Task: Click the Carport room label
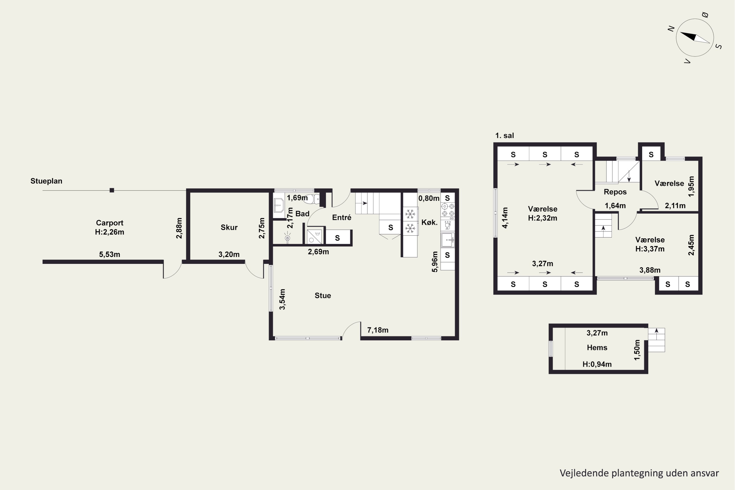point(110,223)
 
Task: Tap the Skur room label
point(229,227)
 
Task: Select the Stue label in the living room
point(323,295)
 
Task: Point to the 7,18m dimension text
point(378,330)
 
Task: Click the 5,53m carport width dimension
point(110,254)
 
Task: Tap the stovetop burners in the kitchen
point(448,210)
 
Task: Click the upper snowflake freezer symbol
point(410,214)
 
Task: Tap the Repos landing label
point(615,192)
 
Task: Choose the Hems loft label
point(597,347)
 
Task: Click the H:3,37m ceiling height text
point(650,249)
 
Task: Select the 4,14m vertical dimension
point(505,218)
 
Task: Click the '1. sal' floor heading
point(504,135)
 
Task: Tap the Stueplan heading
point(46,181)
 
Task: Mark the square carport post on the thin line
point(112,190)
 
